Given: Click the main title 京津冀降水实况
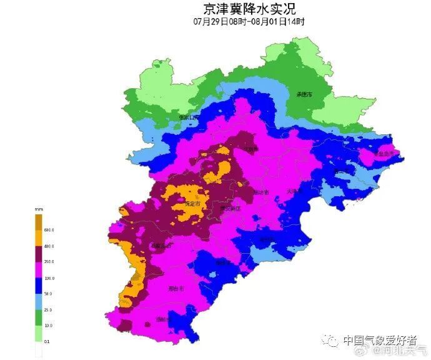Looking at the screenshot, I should click(249, 9).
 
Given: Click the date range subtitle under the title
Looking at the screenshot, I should click(249, 21).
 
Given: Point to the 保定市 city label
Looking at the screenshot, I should click(193, 204).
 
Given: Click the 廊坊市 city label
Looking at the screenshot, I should click(262, 192).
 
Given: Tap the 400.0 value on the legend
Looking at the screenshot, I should click(49, 246).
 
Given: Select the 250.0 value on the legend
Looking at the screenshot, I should click(49, 262).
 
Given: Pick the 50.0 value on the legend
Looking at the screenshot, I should click(49, 294).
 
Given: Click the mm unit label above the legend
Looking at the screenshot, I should click(39, 209).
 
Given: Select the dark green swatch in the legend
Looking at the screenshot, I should click(39, 317).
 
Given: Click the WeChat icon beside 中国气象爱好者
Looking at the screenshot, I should click(332, 341).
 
